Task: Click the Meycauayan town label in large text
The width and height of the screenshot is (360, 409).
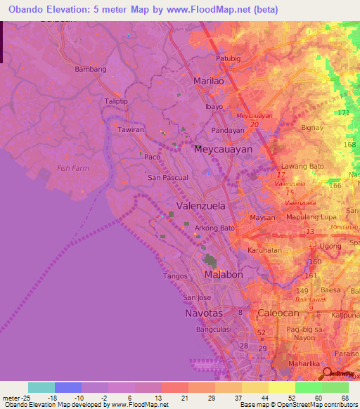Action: coord(223,150)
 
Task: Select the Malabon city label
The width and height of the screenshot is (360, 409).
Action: coord(223,275)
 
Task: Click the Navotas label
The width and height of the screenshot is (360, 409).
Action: coord(204,313)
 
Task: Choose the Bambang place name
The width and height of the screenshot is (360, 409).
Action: coord(90,70)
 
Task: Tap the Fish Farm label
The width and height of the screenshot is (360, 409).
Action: coord(74,168)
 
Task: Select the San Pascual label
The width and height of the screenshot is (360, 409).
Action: coord(167,178)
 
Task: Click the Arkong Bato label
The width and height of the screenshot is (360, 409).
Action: coord(214,228)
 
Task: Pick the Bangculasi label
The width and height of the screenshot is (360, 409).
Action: coord(216,328)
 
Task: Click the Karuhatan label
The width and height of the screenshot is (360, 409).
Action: coord(264,250)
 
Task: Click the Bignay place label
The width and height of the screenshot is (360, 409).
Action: coord(311,128)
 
